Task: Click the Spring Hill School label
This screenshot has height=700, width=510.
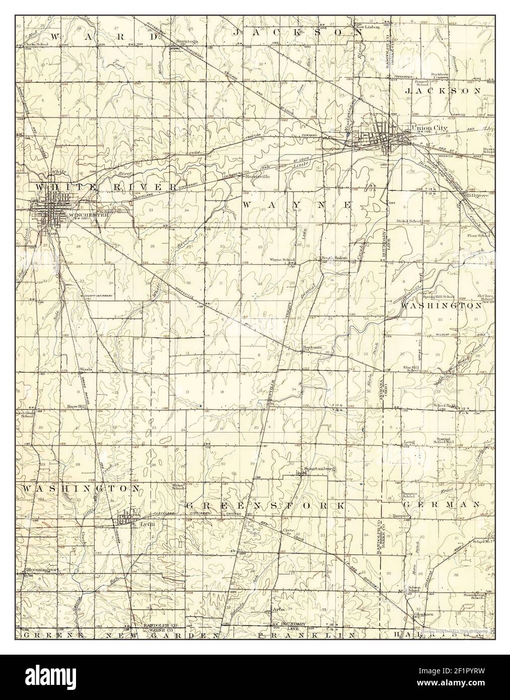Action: [x=439, y=297]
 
